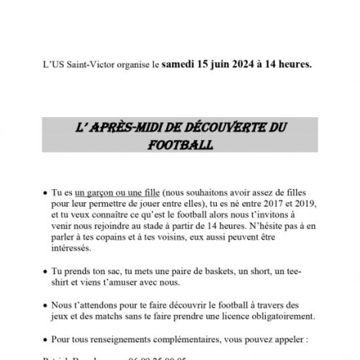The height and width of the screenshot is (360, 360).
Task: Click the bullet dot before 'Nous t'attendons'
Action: coord(44,304)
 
